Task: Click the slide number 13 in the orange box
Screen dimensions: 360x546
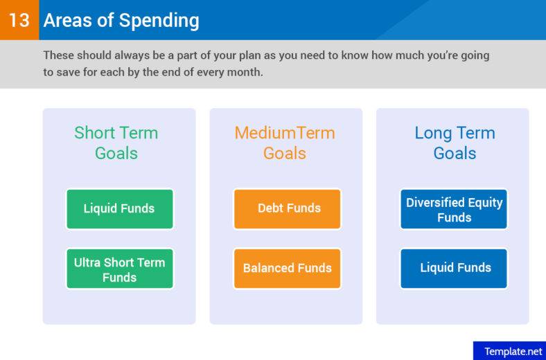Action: click(x=19, y=20)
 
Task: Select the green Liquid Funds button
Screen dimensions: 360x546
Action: click(x=119, y=208)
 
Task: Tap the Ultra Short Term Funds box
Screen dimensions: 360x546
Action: click(x=119, y=269)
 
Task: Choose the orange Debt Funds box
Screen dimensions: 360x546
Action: click(x=288, y=208)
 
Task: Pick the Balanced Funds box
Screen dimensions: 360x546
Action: click(x=288, y=268)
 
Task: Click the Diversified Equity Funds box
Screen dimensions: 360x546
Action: click(x=454, y=209)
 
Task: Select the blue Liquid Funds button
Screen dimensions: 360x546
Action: click(x=454, y=268)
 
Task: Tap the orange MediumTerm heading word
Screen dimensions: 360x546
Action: click(x=284, y=133)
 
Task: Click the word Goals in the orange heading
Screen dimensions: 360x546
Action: click(x=284, y=153)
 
